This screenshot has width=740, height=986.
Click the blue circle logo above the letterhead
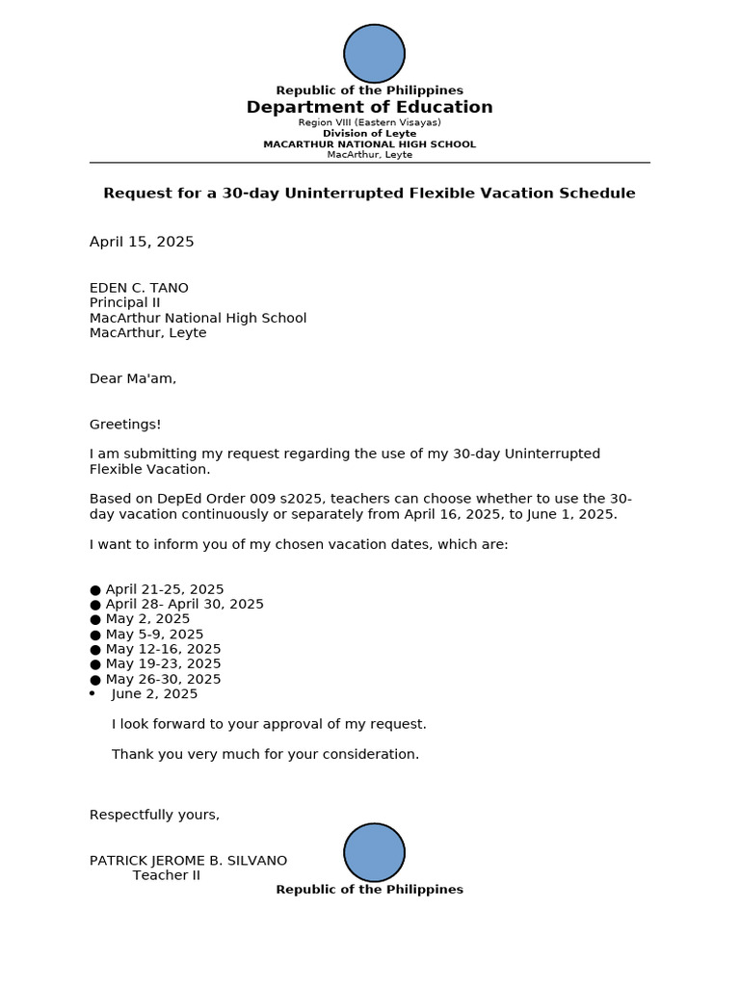tap(374, 54)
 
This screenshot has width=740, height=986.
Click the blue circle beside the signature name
tap(374, 852)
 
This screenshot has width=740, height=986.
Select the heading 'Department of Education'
tap(369, 107)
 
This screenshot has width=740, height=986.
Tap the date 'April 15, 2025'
tap(142, 242)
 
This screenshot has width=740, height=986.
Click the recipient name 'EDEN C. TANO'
tap(139, 288)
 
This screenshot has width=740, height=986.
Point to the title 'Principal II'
tap(124, 302)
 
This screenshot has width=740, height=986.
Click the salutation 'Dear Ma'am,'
tap(133, 378)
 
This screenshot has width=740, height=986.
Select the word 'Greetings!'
tap(125, 424)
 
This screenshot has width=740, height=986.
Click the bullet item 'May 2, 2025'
tap(147, 619)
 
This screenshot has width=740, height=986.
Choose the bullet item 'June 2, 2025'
tap(154, 693)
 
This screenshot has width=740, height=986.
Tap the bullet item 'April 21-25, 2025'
tap(164, 589)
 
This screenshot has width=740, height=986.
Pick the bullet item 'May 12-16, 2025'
tap(163, 649)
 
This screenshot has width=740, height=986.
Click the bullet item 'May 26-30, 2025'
tap(163, 679)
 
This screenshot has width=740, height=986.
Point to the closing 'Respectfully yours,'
tap(154, 815)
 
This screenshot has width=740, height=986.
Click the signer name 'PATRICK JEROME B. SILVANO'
tap(188, 861)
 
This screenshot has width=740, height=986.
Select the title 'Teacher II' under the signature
tap(166, 875)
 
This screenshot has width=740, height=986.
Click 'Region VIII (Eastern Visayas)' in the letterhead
tap(369, 123)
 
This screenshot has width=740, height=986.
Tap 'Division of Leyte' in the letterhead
tap(369, 134)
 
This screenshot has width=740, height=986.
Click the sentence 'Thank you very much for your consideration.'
tap(265, 754)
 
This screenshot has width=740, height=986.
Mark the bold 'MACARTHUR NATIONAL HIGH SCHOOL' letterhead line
tap(369, 144)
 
